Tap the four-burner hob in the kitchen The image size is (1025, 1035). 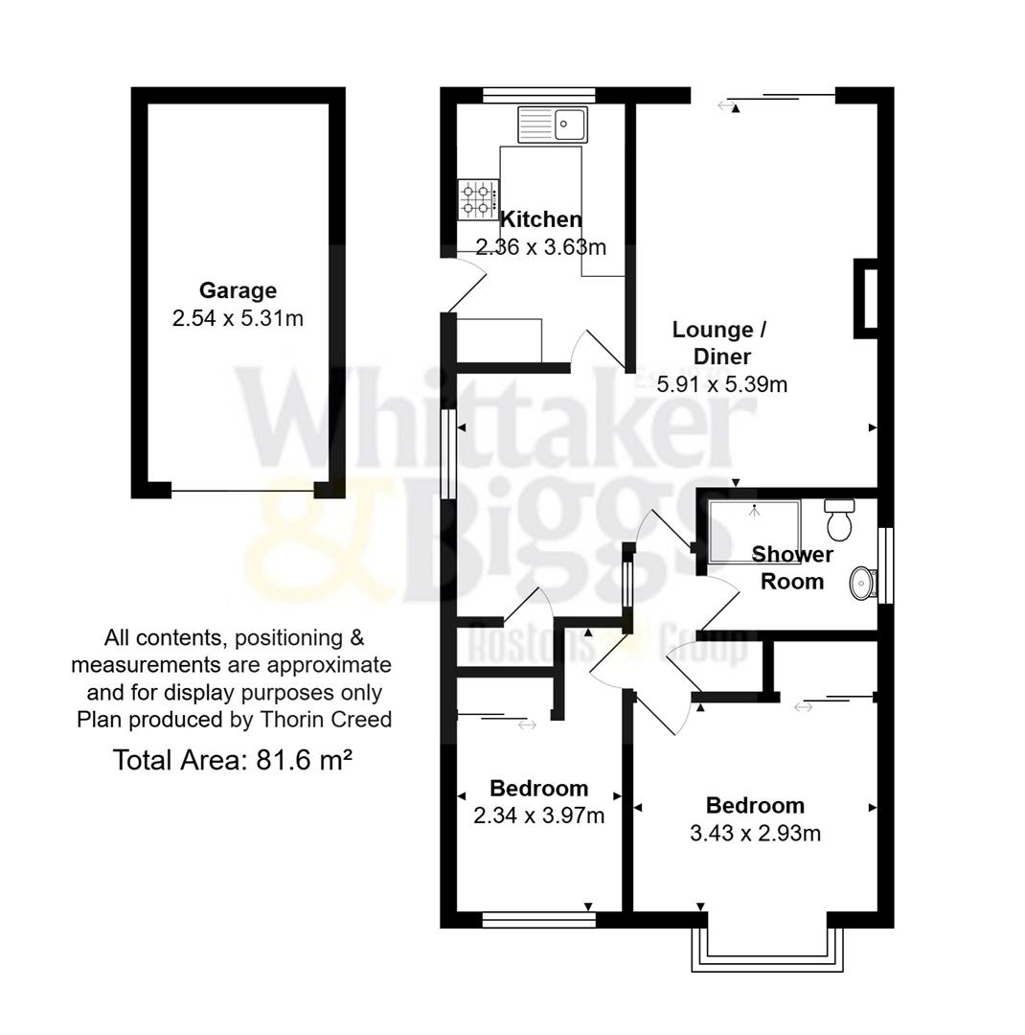click(x=476, y=199)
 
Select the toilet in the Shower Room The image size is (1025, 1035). click(x=840, y=520)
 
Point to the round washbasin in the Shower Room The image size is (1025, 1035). click(x=863, y=582)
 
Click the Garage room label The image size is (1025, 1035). click(x=238, y=290)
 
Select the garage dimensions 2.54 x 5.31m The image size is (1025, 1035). click(x=238, y=318)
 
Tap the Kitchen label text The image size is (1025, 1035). click(x=540, y=219)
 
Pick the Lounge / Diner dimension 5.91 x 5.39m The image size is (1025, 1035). click(x=722, y=385)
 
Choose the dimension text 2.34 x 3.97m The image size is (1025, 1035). click(x=538, y=816)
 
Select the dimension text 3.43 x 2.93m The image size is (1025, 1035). click(x=755, y=834)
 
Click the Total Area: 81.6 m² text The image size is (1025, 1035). click(x=233, y=761)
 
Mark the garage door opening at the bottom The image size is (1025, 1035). click(x=242, y=491)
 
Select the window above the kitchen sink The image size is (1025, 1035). click(x=538, y=95)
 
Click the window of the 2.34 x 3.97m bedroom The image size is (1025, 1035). click(x=538, y=920)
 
